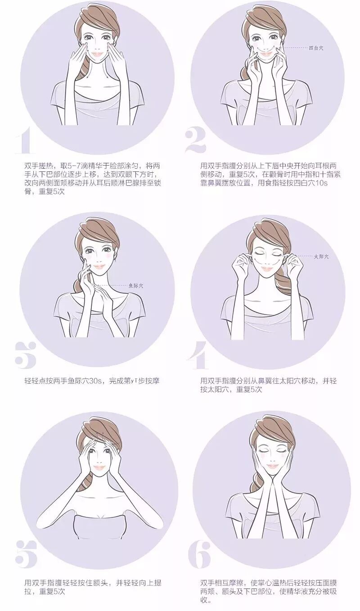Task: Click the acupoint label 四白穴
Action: [x=316, y=48]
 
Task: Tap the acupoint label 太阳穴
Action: [x=321, y=256]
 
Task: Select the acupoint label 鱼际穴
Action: [x=136, y=286]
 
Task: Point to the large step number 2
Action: [x=196, y=141]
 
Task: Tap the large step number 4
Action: [x=198, y=355]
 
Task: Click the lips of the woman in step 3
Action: [x=99, y=266]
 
